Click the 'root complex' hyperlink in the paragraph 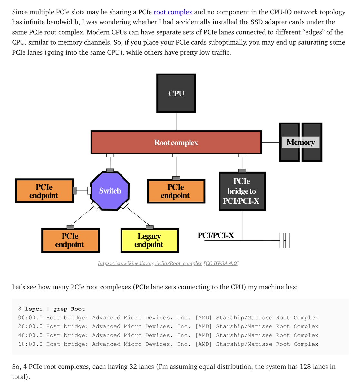pos(173,12)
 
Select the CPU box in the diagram pos(176,93)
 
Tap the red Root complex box pos(176,143)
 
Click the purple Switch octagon pos(110,191)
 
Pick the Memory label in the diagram pos(300,142)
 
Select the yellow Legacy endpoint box pos(149,241)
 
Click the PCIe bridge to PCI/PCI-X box pos(242,191)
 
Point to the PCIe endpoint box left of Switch pos(44,191)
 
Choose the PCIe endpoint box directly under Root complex pos(176,191)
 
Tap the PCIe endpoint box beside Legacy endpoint pos(70,241)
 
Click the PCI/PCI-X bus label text pos(216,235)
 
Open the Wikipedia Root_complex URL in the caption pos(150,263)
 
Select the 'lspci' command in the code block pos(34,309)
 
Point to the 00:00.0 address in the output pos(30,318)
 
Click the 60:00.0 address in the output pos(30,344)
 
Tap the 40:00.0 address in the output pos(30,335)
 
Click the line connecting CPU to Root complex pos(176,122)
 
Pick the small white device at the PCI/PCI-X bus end pos(285,240)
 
